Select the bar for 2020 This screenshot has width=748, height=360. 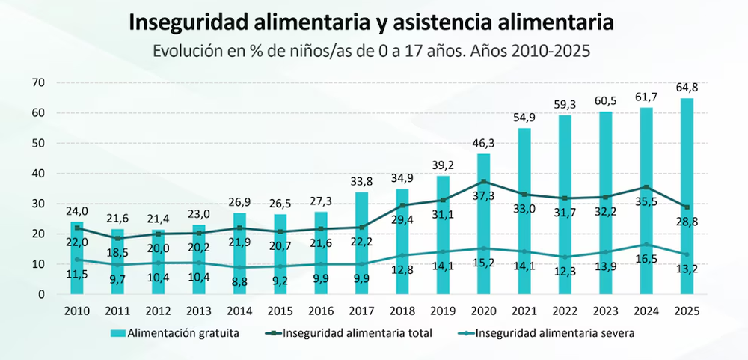pyautogui.click(x=484, y=224)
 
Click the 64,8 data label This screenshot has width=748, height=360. pyautogui.click(x=686, y=88)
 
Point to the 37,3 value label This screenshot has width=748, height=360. pyautogui.click(x=484, y=196)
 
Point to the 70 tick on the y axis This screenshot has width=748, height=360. pyautogui.click(x=39, y=82)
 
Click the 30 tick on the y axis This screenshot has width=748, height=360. pyautogui.click(x=39, y=204)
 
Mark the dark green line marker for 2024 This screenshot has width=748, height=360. pyautogui.click(x=646, y=187)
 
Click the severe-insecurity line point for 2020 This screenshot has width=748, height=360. pyautogui.click(x=484, y=248)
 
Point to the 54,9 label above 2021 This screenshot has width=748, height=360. pyautogui.click(x=524, y=118)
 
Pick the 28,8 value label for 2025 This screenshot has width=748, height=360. pyautogui.click(x=686, y=222)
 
